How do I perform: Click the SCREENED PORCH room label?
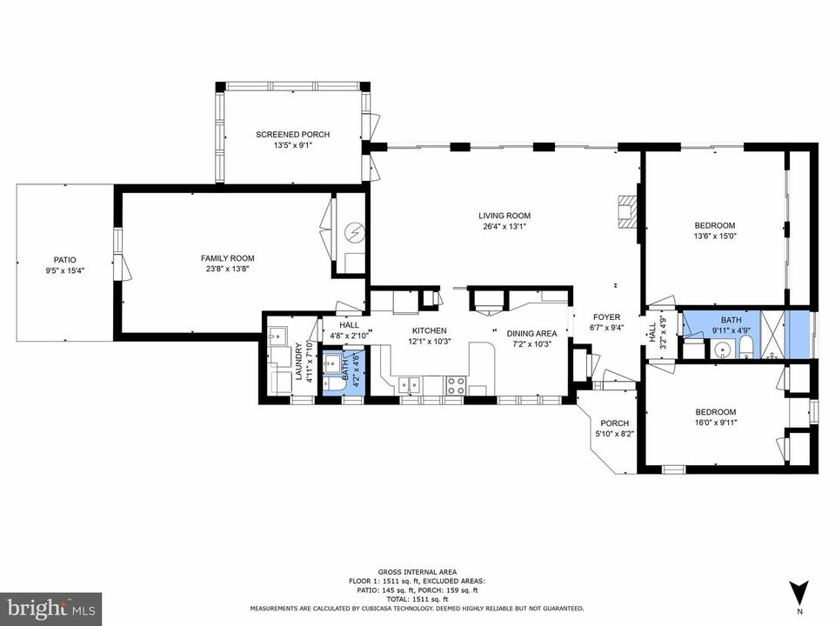292,135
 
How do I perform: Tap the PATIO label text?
64,260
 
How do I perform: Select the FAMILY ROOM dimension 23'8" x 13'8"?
227,269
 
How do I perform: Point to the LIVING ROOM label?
504,216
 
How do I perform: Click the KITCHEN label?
429,330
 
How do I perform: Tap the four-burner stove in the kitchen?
455,386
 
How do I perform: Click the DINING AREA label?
531,333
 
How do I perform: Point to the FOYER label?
606,317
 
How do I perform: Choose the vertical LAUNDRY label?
298,362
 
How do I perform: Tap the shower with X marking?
772,334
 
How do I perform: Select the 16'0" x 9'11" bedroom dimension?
716,423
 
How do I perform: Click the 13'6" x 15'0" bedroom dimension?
715,236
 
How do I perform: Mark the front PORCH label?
615,423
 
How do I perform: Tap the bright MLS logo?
51,608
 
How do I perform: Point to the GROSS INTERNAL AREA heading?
417,572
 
